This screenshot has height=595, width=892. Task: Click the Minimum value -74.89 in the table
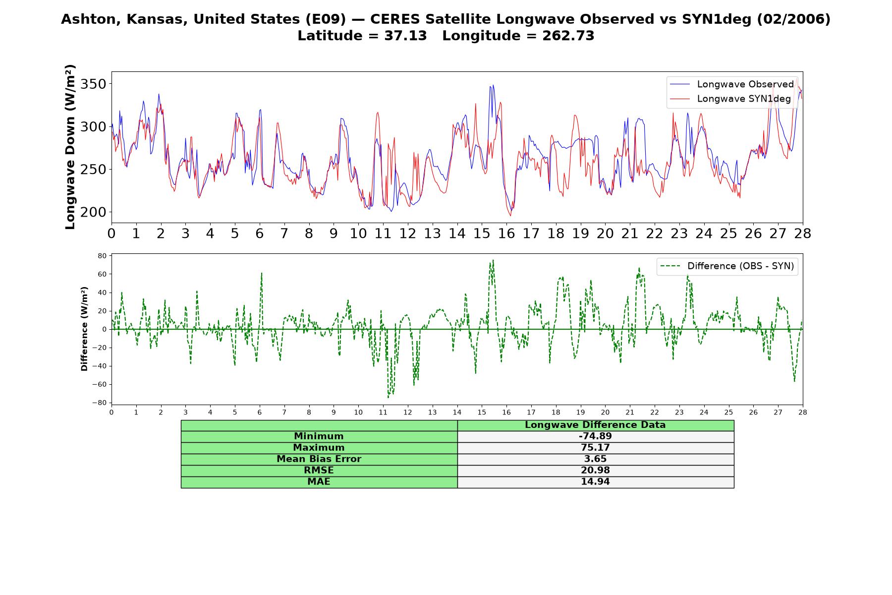coord(595,436)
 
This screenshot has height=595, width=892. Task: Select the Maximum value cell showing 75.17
coord(595,448)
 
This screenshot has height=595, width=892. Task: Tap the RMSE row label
coord(319,471)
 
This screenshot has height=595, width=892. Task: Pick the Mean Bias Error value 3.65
coord(595,459)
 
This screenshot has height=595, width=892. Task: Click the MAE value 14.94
coord(595,482)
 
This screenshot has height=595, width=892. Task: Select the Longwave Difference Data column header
coord(595,425)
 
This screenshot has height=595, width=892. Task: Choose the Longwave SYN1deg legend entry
coord(730,99)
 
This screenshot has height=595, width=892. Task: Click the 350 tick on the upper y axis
coord(93,84)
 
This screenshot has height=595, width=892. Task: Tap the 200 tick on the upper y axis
coord(93,212)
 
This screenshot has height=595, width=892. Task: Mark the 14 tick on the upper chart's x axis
coord(457,234)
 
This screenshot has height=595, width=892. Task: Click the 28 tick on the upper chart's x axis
coord(802,234)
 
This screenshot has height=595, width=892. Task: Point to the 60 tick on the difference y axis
coord(103,274)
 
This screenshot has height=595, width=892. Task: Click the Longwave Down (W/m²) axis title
coord(70,147)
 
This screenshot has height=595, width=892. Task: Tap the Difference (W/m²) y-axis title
coord(84,329)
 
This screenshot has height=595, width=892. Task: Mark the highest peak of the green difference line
coord(493,260)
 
